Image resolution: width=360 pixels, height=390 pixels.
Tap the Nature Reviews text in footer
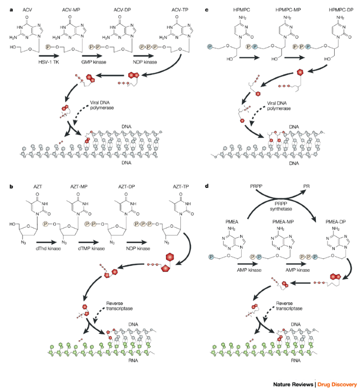click(x=292, y=384)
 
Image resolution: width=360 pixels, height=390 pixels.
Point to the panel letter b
click(x=5, y=185)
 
